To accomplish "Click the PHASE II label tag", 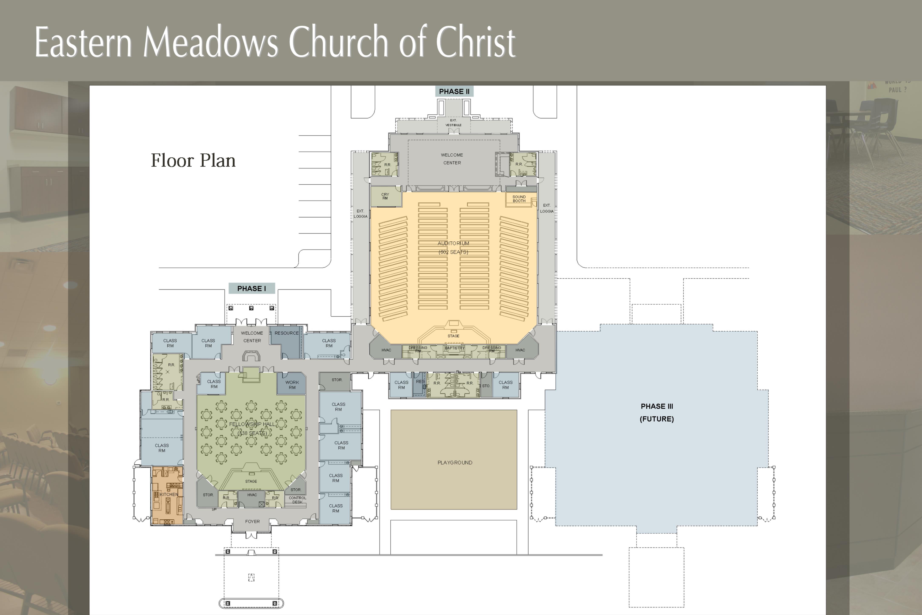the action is (454, 91).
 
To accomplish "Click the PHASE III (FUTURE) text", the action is (657, 412).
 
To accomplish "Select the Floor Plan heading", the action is (193, 160).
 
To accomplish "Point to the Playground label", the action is (455, 462).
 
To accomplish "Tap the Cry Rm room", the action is (385, 196).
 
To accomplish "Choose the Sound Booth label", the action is (519, 199).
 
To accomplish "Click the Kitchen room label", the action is (169, 494).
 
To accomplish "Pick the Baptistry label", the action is (454, 348).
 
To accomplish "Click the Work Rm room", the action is (292, 385).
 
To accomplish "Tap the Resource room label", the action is (287, 333).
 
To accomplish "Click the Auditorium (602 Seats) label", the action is (453, 247).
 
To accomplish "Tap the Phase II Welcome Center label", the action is (452, 159).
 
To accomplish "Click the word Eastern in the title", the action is (83, 42).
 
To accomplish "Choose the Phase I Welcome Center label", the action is (252, 337).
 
